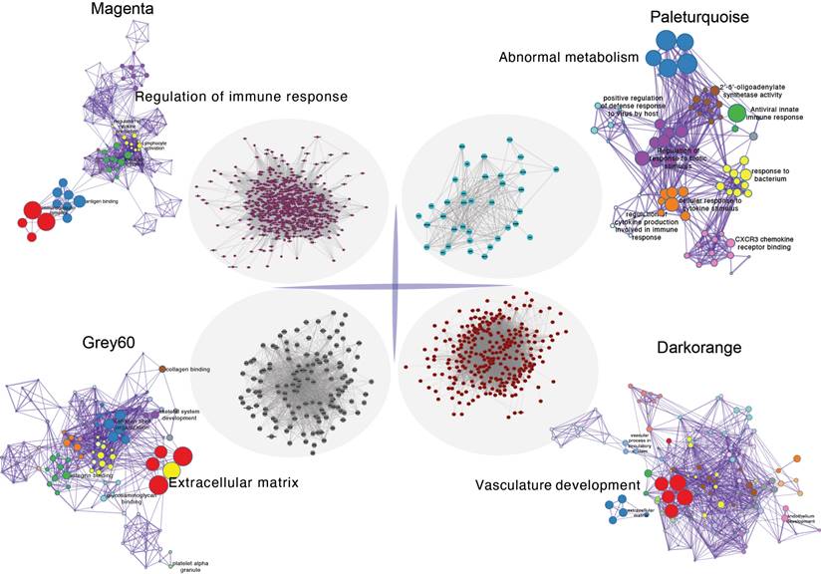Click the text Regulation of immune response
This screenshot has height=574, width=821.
240,97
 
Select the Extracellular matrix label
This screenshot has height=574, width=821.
233,483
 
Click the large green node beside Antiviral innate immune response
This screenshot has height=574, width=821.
736,114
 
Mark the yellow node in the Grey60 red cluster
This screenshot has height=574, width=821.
171,470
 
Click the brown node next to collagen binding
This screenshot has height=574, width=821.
162,370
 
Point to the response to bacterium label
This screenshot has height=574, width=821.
770,176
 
